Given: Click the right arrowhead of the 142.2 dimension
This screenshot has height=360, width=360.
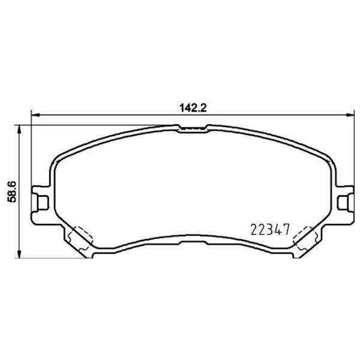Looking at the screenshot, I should tap(350, 115).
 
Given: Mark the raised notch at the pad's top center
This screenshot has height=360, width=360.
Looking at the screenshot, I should tap(193, 127).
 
